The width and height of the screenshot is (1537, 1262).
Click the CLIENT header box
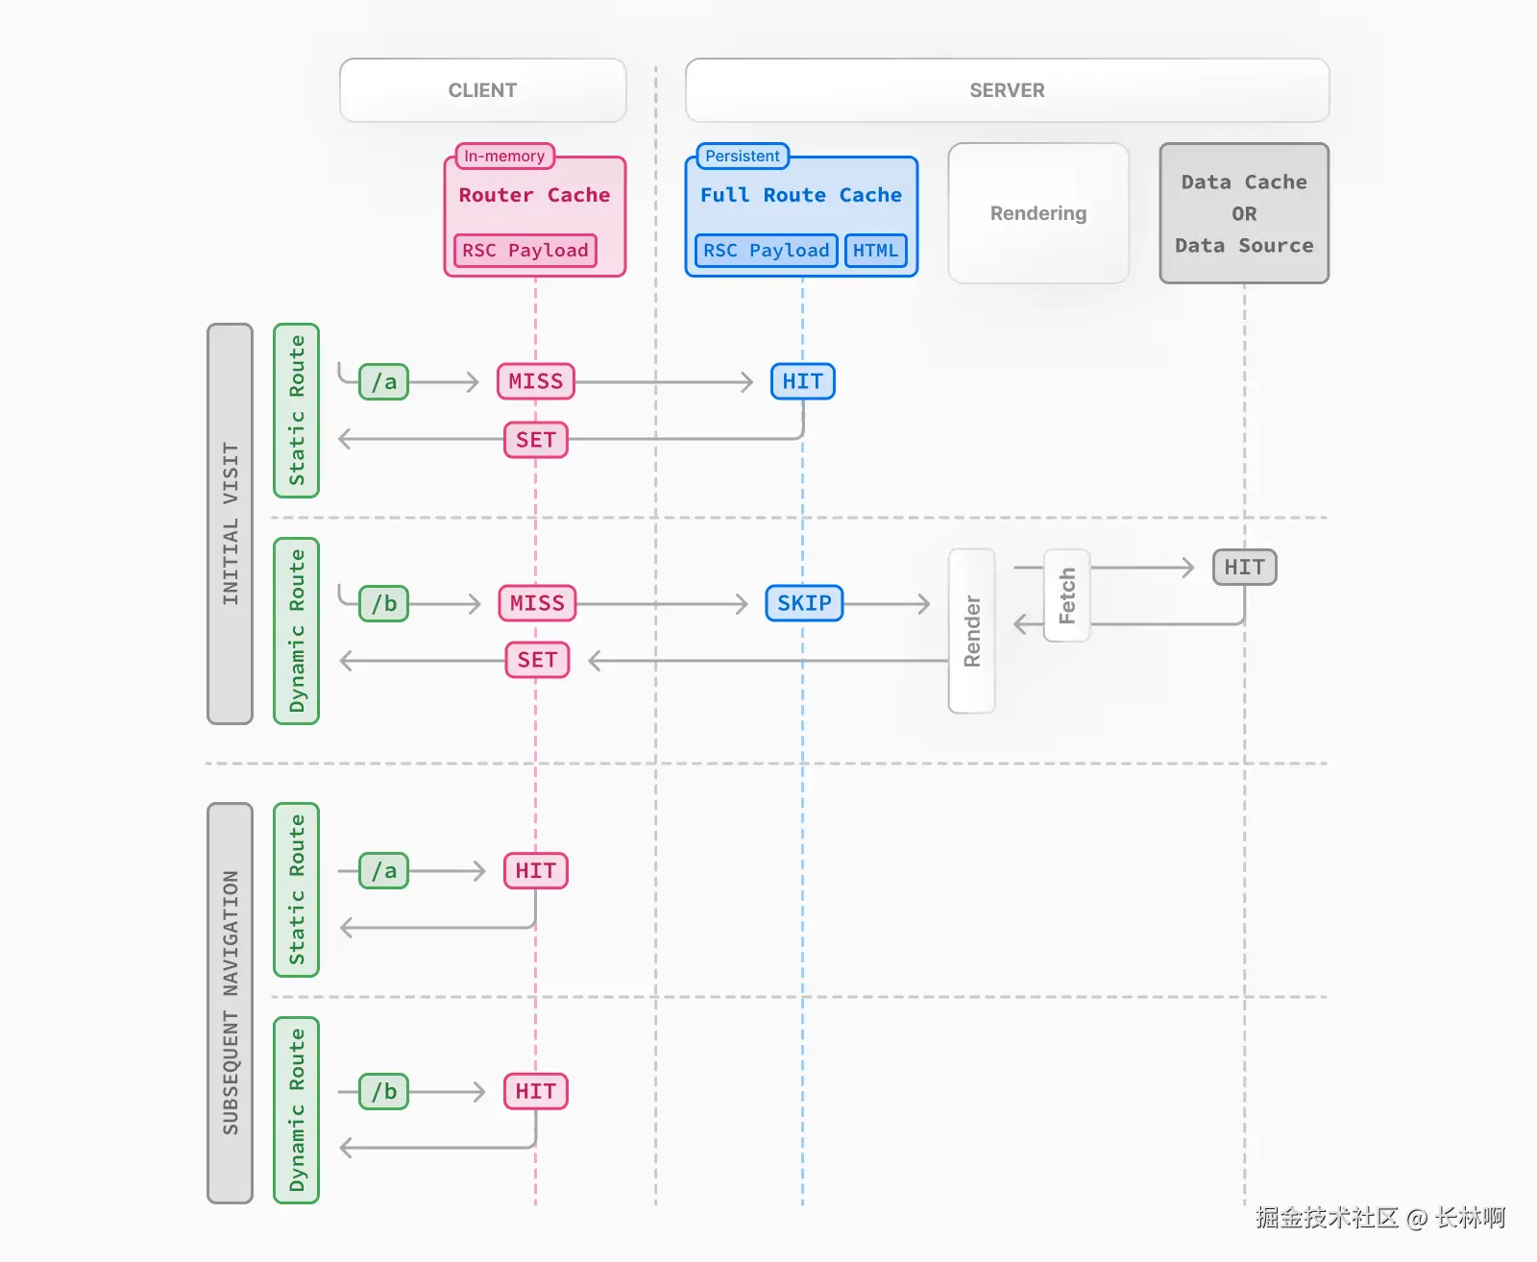pyautogui.click(x=482, y=90)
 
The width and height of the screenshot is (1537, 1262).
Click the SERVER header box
pyautogui.click(x=1007, y=90)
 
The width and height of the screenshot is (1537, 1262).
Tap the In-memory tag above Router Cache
pyautogui.click(x=504, y=156)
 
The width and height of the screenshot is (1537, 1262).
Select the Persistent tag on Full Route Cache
pyautogui.click(x=742, y=156)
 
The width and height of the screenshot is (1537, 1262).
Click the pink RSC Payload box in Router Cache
pyautogui.click(x=525, y=251)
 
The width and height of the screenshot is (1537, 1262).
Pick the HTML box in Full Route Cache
pyautogui.click(x=875, y=251)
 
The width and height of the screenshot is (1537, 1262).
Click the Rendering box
pyautogui.click(x=1038, y=213)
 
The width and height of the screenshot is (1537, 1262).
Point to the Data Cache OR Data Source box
pyautogui.click(x=1244, y=213)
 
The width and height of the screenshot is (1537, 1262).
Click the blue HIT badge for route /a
pyautogui.click(x=802, y=381)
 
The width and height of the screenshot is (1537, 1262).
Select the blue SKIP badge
pyautogui.click(x=804, y=603)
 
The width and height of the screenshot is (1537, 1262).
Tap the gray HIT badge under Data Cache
pyautogui.click(x=1244, y=567)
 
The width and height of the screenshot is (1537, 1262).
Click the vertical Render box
pyautogui.click(x=971, y=631)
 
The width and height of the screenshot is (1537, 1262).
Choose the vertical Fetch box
pyautogui.click(x=1066, y=595)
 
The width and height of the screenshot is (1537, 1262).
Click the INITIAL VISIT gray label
pyautogui.click(x=230, y=523)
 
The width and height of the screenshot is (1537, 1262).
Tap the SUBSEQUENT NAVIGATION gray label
pyautogui.click(x=230, y=1003)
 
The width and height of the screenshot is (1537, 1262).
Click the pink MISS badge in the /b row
pyautogui.click(x=537, y=603)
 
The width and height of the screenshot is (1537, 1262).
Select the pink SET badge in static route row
pyautogui.click(x=536, y=440)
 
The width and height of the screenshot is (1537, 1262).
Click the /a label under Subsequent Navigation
pyautogui.click(x=383, y=871)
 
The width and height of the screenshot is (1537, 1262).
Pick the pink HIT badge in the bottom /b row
pyautogui.click(x=536, y=1091)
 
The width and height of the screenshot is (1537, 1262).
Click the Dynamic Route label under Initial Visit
pyautogui.click(x=296, y=631)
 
